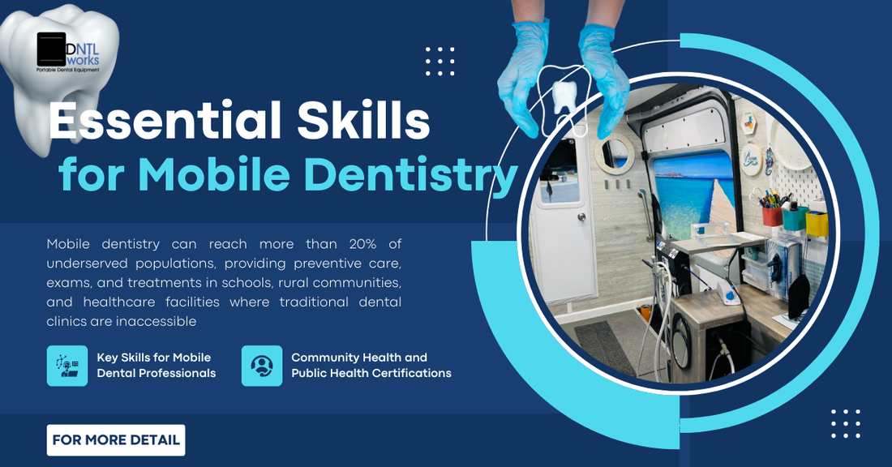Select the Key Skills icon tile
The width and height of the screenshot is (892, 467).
(67, 366)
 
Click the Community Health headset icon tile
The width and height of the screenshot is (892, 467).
(262, 366)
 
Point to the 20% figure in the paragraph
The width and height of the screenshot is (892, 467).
(363, 244)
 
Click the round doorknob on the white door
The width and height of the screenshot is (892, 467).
(581, 216)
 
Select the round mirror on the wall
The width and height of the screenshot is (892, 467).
(615, 153)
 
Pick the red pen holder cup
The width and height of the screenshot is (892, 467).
(772, 216)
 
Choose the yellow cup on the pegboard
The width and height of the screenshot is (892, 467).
(817, 223)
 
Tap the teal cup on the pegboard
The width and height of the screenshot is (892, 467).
(795, 218)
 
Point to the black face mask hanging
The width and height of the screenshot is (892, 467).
(798, 296)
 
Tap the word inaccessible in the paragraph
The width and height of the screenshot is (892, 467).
(157, 321)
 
